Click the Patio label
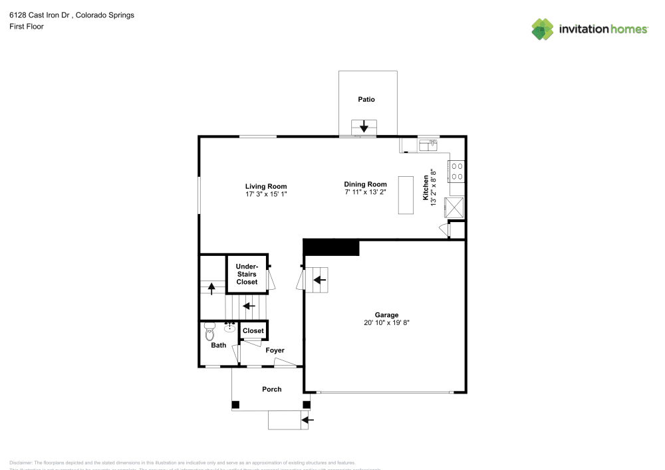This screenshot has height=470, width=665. click(366, 100)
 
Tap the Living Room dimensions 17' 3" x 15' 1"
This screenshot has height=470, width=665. click(266, 194)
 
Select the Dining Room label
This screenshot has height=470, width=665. click(365, 184)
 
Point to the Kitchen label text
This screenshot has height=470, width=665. click(426, 187)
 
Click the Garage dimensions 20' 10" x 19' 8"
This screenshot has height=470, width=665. click(386, 322)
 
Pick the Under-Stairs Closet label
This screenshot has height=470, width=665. click(247, 274)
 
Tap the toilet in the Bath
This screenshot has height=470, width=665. click(210, 330)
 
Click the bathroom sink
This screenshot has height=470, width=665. click(231, 327)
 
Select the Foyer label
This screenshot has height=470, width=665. click(275, 350)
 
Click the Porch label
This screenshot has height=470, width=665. click(271, 389)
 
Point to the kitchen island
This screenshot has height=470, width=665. click(405, 195)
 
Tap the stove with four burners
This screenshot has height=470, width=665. click(458, 172)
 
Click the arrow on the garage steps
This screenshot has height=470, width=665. click(319, 280)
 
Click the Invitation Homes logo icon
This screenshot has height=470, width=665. click(542, 29)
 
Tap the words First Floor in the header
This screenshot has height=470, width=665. click(27, 27)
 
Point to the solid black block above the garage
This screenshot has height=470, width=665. click(331, 247)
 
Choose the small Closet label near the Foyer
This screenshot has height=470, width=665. click(253, 331)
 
